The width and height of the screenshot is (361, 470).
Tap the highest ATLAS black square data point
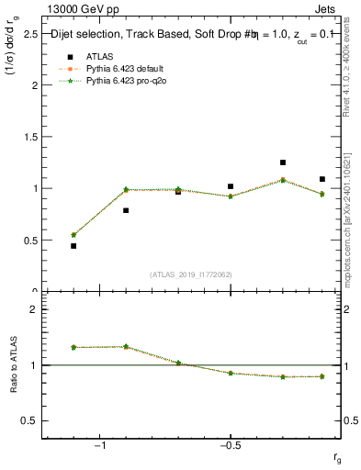click(x=283, y=162)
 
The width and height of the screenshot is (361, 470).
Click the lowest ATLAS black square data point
click(x=73, y=246)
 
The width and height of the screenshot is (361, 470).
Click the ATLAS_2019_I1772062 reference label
click(x=191, y=275)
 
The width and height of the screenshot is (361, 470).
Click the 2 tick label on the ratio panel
click(x=34, y=309)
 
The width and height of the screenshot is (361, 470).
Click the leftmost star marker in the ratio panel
click(x=73, y=347)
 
